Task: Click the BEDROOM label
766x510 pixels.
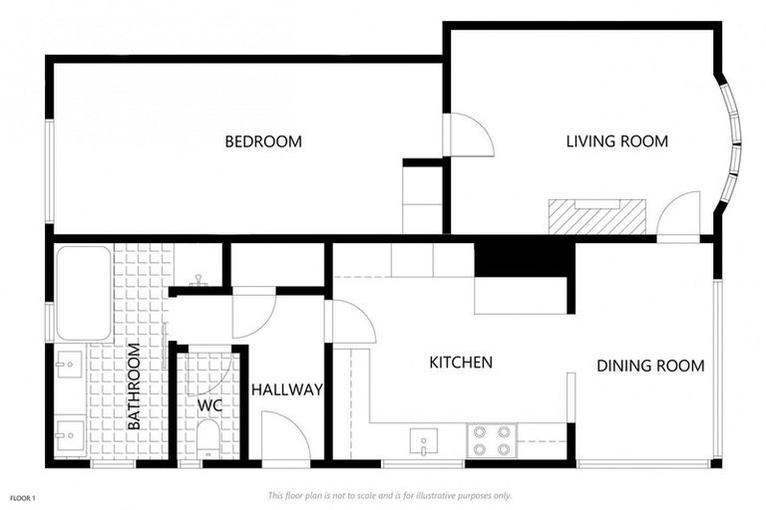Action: click(262, 141)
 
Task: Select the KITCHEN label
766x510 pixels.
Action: click(460, 362)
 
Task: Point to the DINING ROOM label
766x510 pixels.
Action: click(650, 366)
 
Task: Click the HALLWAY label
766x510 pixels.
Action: click(286, 389)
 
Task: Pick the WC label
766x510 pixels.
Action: click(208, 405)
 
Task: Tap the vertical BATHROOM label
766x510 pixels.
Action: click(135, 386)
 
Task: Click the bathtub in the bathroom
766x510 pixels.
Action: click(83, 292)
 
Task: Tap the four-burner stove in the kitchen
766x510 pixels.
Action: click(490, 440)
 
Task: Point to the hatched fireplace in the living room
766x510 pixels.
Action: click(596, 216)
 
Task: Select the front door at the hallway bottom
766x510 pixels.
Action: click(285, 437)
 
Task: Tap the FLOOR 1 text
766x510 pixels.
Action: click(23, 496)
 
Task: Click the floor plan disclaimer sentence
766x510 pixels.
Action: click(389, 495)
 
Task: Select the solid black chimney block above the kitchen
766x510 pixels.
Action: click(523, 258)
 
